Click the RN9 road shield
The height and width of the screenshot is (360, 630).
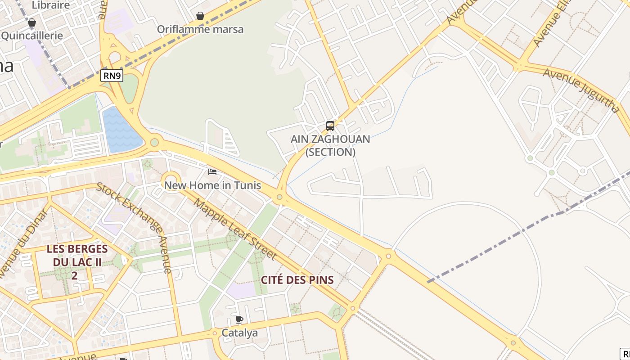pyautogui.click(x=112, y=76)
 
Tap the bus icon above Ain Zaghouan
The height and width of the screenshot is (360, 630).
pyautogui.click(x=330, y=126)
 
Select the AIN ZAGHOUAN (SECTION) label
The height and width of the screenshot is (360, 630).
pyautogui.click(x=330, y=145)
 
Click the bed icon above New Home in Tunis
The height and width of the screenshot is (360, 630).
pyautogui.click(x=212, y=171)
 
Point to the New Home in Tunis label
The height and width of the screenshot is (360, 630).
pyautogui.click(x=212, y=185)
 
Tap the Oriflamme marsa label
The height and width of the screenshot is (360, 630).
pyautogui.click(x=200, y=30)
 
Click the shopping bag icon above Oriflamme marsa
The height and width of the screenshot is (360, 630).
pyautogui.click(x=200, y=16)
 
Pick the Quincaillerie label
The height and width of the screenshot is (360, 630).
pyautogui.click(x=32, y=36)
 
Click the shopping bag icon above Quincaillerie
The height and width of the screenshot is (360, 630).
pyautogui.click(x=32, y=22)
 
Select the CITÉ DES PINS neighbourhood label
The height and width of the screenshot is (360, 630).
pyautogui.click(x=297, y=280)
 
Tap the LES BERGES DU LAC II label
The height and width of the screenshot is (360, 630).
pyautogui.click(x=77, y=261)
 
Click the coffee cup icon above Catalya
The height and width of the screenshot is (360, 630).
pyautogui.click(x=239, y=320)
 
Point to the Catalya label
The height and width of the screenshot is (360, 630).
pyautogui.click(x=240, y=333)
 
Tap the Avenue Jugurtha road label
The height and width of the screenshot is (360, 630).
pyautogui.click(x=581, y=90)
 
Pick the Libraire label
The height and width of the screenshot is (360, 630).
pyautogui.click(x=51, y=5)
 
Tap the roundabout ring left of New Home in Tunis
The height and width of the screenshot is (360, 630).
pyautogui.click(x=171, y=181)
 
